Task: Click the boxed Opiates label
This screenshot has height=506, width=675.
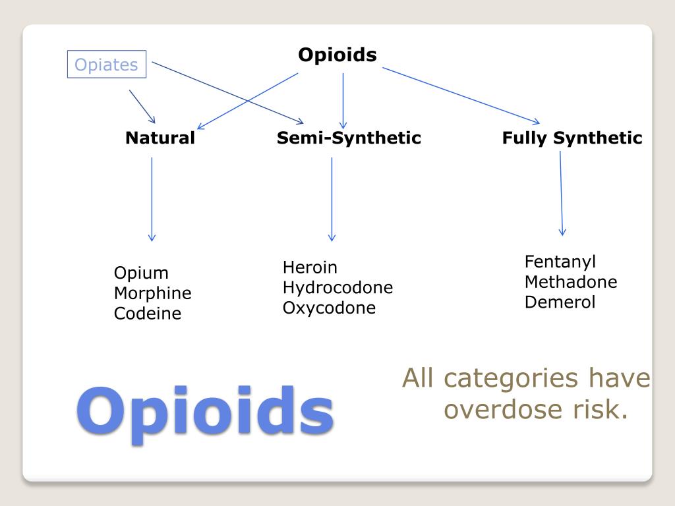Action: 106,65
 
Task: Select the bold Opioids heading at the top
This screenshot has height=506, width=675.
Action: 337,54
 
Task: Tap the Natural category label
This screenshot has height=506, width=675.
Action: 160,138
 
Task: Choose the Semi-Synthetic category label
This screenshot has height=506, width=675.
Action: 349,138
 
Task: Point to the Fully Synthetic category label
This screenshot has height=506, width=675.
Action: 572,138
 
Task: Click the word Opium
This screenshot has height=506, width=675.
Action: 141,273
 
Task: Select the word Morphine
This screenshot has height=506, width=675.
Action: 152,293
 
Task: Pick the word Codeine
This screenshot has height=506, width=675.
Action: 147,314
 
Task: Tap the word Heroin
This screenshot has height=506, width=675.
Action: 310,267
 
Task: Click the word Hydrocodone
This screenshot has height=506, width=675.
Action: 337,288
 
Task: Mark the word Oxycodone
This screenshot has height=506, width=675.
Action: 329,308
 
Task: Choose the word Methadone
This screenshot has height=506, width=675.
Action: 571,282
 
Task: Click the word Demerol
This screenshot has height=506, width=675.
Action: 560,302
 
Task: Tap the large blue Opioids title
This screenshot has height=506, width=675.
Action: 205,412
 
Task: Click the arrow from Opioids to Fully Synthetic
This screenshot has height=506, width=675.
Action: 461,96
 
